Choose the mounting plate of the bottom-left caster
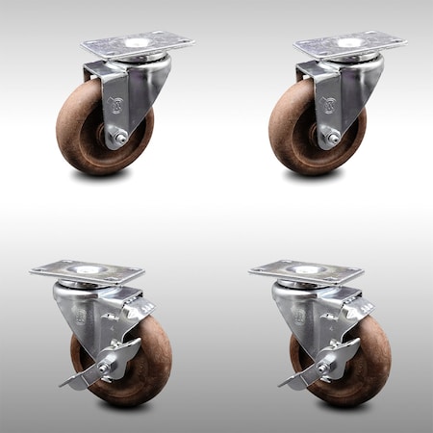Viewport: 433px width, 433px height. coord(86,270)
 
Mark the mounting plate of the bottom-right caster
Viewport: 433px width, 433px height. coord(305,270)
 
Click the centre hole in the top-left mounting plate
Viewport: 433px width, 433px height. coord(135,43)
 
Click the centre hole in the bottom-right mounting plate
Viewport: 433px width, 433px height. coord(306,270)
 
